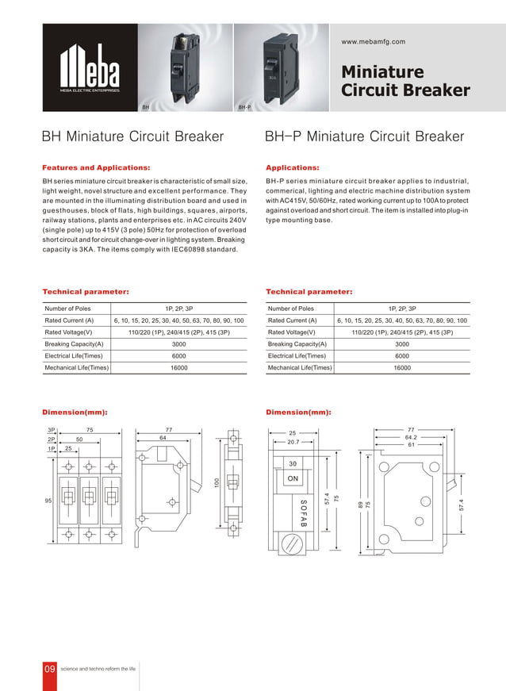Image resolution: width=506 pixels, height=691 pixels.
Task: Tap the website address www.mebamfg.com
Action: [373, 41]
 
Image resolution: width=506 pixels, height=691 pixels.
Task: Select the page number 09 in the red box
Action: [50, 670]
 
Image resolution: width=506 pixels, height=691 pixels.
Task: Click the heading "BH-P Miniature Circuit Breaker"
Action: [364, 136]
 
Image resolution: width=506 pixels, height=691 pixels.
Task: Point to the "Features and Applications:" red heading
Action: [95, 168]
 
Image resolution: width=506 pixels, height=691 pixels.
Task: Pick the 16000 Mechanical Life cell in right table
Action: [402, 368]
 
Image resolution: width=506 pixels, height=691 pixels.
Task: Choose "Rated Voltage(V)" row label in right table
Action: [291, 332]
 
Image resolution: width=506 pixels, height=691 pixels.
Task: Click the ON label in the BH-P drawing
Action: [293, 478]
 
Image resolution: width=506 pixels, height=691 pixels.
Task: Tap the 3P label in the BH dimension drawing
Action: [52, 429]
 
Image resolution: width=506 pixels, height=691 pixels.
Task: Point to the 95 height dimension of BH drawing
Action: [48, 501]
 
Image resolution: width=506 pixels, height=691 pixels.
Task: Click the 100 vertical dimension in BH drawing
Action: [215, 482]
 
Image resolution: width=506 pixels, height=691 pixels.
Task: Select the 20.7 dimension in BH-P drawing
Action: [293, 442]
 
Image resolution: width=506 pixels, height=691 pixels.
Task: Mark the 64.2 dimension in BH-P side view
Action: [411, 436]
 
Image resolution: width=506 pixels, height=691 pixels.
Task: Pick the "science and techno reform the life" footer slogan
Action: [99, 670]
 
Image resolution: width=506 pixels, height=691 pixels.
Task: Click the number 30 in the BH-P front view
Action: [293, 463]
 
